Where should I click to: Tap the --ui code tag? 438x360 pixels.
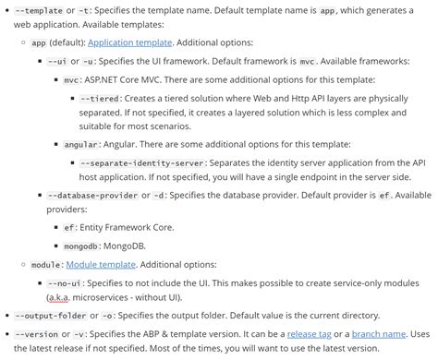[x=57, y=61]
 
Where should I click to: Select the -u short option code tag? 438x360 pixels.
[x=89, y=61]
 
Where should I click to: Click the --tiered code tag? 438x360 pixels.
[x=100, y=98]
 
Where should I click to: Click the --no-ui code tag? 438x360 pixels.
[x=63, y=282]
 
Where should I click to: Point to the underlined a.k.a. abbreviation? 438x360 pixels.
[x=63, y=297]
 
